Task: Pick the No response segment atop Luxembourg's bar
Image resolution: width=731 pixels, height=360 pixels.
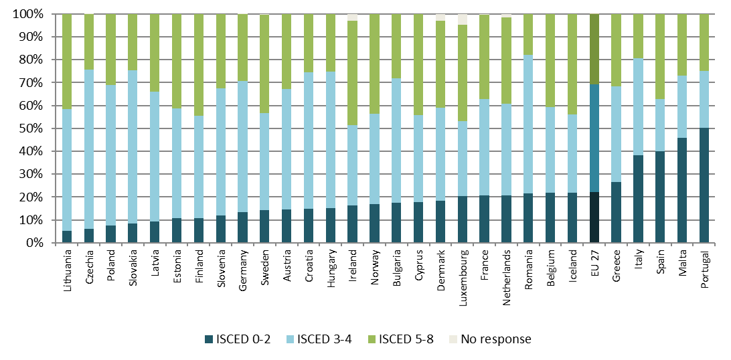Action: click(x=462, y=19)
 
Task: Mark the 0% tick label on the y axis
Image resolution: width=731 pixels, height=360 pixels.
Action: click(x=34, y=243)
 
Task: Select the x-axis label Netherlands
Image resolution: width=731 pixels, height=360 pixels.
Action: click(x=507, y=275)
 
